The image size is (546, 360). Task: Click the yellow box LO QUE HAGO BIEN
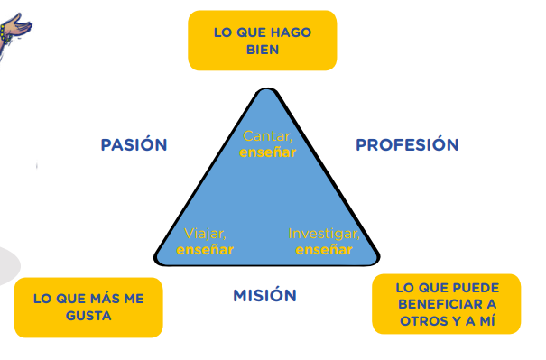(263, 41)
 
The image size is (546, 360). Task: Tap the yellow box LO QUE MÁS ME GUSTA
(88, 308)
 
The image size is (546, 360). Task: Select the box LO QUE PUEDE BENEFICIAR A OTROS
(447, 304)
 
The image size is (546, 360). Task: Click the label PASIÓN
(134, 145)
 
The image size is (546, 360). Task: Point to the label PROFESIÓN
(407, 145)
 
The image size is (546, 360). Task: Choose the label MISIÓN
(265, 296)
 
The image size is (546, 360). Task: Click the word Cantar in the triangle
(267, 136)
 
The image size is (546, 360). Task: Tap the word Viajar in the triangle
(205, 234)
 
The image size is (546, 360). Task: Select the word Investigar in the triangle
(324, 234)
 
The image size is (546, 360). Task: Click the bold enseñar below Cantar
(268, 152)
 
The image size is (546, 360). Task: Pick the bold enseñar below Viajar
(205, 250)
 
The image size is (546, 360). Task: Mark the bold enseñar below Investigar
(324, 250)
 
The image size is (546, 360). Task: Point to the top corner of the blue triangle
(267, 89)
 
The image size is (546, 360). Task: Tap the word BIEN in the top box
(263, 50)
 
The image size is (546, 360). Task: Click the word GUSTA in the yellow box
(88, 316)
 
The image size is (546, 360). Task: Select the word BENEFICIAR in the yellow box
(447, 304)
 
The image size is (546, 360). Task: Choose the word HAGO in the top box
(291, 32)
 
